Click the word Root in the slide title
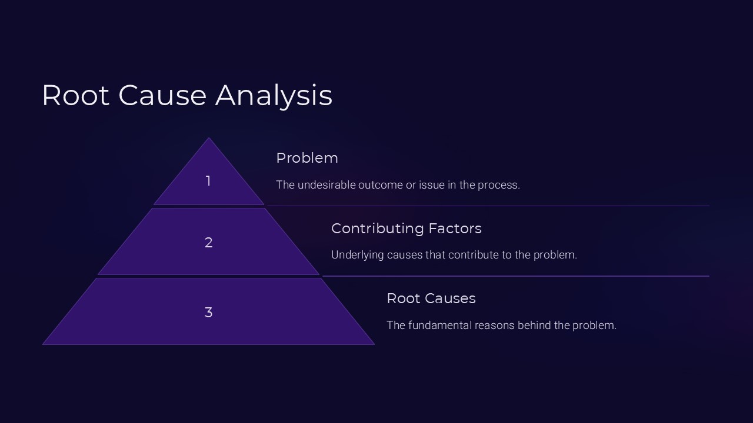(x=75, y=95)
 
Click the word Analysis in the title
(x=274, y=95)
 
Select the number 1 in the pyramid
(x=208, y=181)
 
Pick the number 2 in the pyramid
(x=208, y=243)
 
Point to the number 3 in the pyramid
(x=208, y=313)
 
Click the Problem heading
(x=307, y=158)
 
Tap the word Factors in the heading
(x=455, y=229)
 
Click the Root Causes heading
(x=431, y=298)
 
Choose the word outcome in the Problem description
(x=382, y=185)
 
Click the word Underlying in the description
(x=355, y=255)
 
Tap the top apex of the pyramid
(x=208, y=139)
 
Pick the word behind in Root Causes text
(x=534, y=325)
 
